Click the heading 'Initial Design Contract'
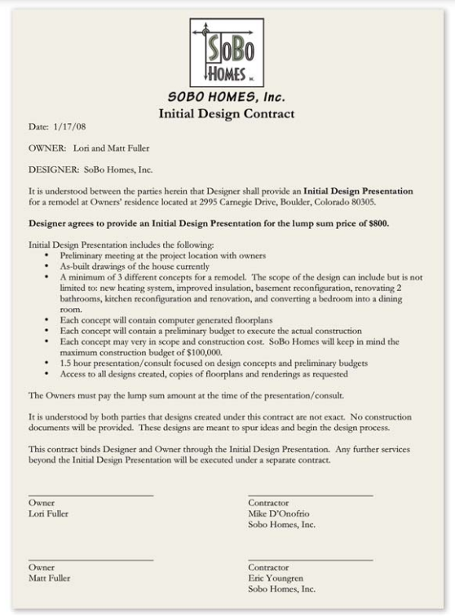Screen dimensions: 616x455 click(x=226, y=113)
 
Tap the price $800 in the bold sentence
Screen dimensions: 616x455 click(x=377, y=222)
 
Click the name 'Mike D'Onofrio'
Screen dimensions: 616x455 click(x=280, y=514)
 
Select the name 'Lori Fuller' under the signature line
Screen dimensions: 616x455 click(x=49, y=514)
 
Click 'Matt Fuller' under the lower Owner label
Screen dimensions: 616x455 click(x=49, y=578)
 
